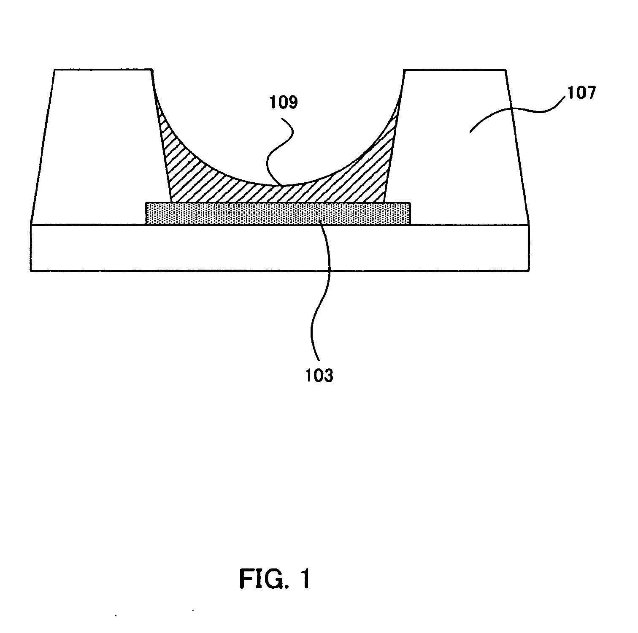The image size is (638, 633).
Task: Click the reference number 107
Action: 581,92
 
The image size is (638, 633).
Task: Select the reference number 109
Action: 284,103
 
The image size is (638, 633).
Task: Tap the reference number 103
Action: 319,375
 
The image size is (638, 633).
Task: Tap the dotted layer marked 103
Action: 277,214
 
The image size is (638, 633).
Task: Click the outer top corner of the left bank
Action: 55,70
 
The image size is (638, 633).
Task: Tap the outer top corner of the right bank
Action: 505,70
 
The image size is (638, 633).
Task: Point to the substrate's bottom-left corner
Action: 31,270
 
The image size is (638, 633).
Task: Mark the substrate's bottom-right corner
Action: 529,270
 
